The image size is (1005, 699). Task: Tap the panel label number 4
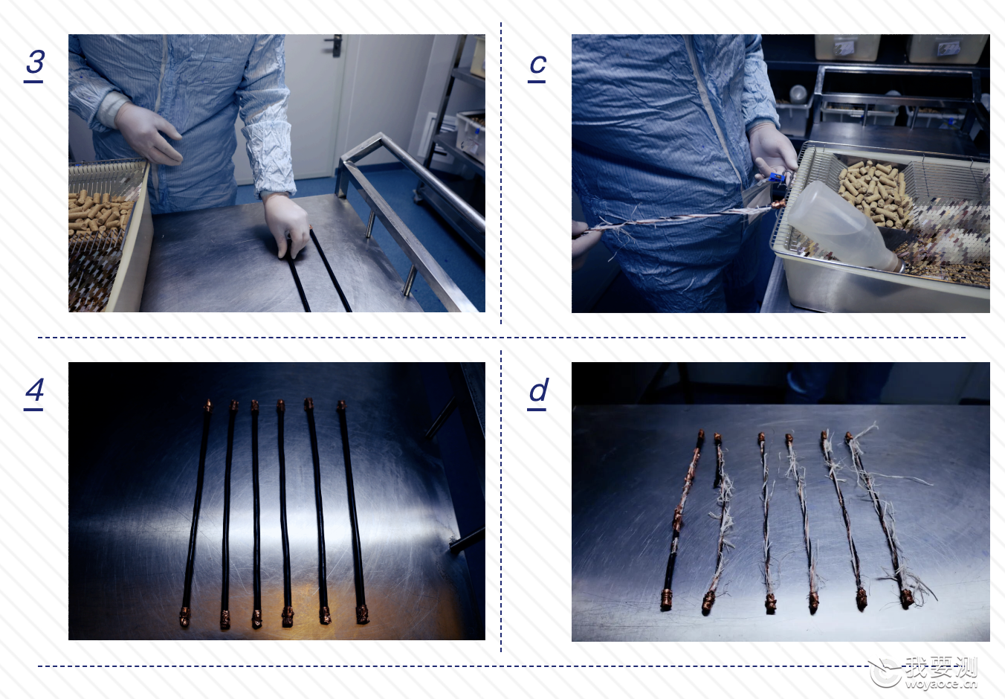tap(34, 389)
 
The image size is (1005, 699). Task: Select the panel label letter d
tap(539, 390)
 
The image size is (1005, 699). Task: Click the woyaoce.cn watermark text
tap(941, 684)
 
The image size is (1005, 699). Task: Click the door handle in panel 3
tap(335, 45)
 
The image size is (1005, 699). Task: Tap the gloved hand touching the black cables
tap(287, 224)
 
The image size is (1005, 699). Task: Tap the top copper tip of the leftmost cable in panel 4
tap(207, 405)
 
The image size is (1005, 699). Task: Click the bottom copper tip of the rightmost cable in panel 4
tap(363, 614)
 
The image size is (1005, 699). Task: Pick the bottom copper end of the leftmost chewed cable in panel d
tap(666, 600)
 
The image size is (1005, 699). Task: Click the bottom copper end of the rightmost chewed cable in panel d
tap(906, 599)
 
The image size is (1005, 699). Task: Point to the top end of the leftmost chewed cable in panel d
tap(701, 434)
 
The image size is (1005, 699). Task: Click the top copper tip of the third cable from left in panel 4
tap(254, 406)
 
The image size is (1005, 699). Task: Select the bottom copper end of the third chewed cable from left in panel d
tap(771, 602)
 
